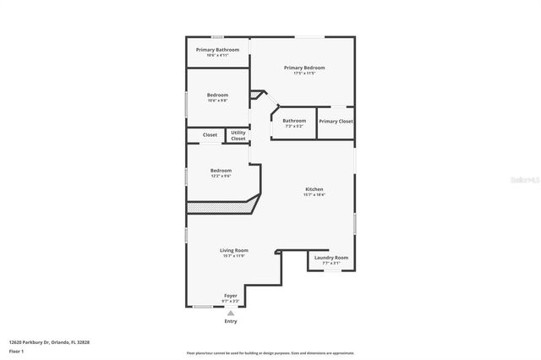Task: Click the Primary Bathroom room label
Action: click(x=217, y=50)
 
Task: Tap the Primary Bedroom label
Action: click(x=304, y=68)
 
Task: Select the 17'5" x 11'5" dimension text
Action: click(x=304, y=74)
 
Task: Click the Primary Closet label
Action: click(x=336, y=122)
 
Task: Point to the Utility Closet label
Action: click(x=238, y=135)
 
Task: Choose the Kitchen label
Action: click(x=314, y=189)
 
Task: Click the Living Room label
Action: click(x=234, y=250)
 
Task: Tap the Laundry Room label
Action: click(x=331, y=258)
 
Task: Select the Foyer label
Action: click(x=231, y=296)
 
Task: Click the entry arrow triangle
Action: click(x=231, y=313)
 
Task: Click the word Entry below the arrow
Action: click(x=231, y=321)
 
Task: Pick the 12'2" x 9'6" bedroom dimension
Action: click(x=221, y=176)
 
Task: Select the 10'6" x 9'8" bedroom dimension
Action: click(x=217, y=101)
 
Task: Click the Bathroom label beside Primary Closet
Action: click(x=294, y=121)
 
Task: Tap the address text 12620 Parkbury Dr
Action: click(x=49, y=342)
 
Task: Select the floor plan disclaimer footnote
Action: click(x=270, y=352)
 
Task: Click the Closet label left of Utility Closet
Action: click(x=210, y=134)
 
